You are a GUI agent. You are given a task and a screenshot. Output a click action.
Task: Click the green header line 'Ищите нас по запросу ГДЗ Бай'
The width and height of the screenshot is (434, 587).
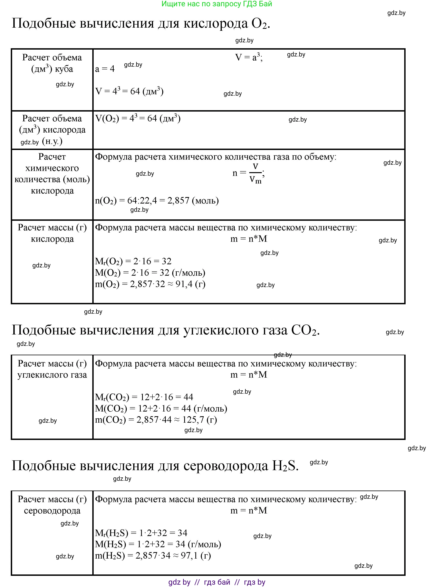point(217,4)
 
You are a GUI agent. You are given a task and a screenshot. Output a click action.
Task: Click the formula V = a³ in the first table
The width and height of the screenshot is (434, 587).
point(248,57)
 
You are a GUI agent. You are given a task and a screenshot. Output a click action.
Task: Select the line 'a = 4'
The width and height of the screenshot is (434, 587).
point(105,69)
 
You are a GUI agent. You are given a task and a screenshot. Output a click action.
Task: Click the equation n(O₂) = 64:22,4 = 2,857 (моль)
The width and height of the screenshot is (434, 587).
point(157,201)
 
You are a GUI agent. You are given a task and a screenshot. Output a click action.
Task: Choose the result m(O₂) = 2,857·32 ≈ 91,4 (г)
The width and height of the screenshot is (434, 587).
point(150,284)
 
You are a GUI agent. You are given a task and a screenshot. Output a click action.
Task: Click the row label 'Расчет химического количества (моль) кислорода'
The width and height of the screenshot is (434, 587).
point(52,174)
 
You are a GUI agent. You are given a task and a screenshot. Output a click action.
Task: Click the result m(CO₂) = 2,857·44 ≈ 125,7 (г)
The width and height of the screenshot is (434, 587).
point(156,420)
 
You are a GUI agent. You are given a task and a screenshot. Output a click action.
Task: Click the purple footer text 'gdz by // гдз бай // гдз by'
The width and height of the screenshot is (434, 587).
point(217,582)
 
